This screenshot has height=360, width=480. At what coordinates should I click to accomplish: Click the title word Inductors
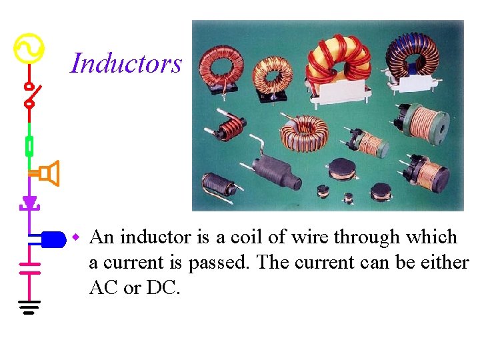[x=126, y=63]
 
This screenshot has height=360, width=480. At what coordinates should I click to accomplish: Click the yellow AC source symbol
[x=29, y=48]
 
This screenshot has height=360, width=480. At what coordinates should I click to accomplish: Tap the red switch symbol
[x=30, y=95]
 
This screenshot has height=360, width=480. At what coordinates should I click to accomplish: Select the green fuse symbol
[x=29, y=145]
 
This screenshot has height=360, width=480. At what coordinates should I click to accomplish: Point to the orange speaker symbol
[x=49, y=173]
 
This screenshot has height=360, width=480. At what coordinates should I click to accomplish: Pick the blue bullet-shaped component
[x=52, y=238]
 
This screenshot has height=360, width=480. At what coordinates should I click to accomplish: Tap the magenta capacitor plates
[x=29, y=268]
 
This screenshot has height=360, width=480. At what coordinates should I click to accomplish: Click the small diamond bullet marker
[x=76, y=237]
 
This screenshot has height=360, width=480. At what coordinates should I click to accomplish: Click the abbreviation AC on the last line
[x=103, y=288]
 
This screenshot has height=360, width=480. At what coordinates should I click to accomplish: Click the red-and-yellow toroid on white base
[x=339, y=63]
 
